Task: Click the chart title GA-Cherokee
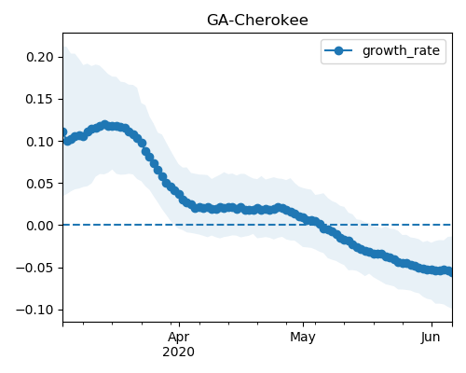257,21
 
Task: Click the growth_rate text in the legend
401,50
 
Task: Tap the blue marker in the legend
338,50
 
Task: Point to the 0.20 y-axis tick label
40,57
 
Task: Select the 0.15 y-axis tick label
40,99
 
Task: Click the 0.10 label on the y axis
40,142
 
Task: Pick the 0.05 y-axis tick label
40,184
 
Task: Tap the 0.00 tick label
40,226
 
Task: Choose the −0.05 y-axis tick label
34,268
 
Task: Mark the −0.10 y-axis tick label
34,310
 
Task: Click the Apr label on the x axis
179,338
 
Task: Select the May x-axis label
303,338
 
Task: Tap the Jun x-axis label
431,338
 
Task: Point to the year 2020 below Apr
179,352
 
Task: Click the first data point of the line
63,132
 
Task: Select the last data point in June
450,272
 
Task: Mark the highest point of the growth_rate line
105,125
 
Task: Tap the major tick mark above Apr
179,325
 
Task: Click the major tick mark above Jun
432,325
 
